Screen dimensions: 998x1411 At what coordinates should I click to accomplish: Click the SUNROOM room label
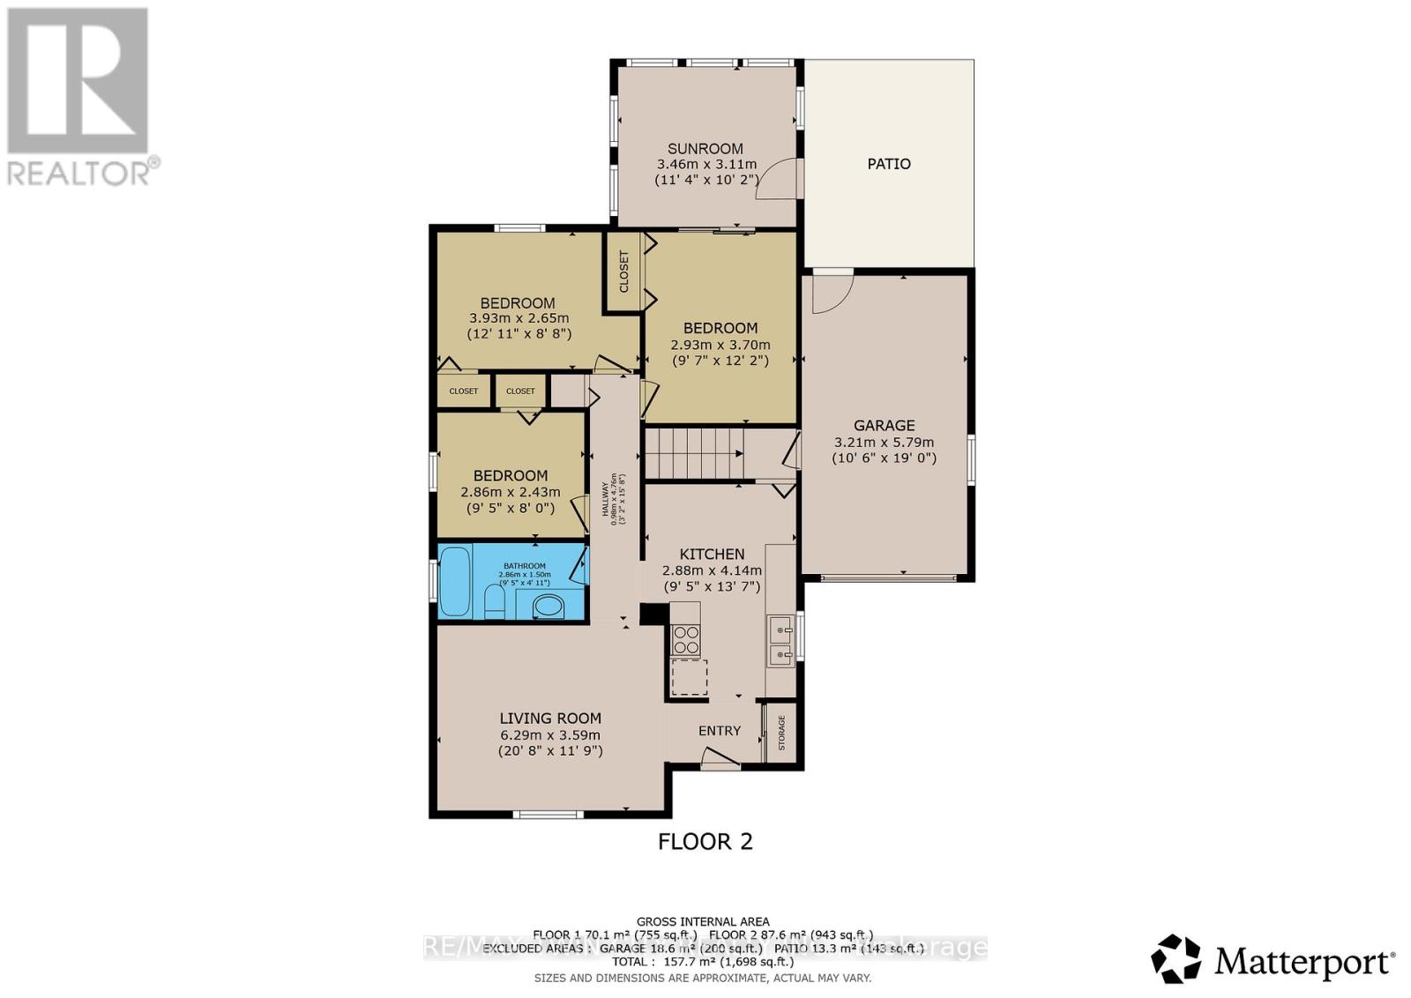(x=705, y=149)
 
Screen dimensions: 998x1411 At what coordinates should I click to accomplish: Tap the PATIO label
(x=888, y=164)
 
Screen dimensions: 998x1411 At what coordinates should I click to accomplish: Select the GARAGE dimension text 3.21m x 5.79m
(x=884, y=443)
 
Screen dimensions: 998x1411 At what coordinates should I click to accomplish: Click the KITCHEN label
(x=712, y=555)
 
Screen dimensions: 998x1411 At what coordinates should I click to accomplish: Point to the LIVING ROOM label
(x=550, y=719)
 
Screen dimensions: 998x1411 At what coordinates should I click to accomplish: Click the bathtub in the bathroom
(x=455, y=581)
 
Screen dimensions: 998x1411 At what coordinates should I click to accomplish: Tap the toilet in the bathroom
(x=494, y=604)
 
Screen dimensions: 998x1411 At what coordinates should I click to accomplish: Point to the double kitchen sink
(x=781, y=642)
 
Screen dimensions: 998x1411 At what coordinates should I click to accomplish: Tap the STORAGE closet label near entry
(x=781, y=733)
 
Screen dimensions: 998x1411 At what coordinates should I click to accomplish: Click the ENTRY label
(x=720, y=731)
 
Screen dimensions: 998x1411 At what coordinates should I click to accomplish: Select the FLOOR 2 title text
(x=705, y=842)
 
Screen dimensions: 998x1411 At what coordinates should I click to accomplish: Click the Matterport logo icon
(x=1176, y=958)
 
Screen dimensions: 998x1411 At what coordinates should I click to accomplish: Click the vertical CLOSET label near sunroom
(x=624, y=272)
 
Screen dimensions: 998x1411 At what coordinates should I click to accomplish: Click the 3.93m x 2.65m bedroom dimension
(x=519, y=318)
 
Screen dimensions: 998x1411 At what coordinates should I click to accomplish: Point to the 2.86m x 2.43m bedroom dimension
(x=510, y=492)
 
